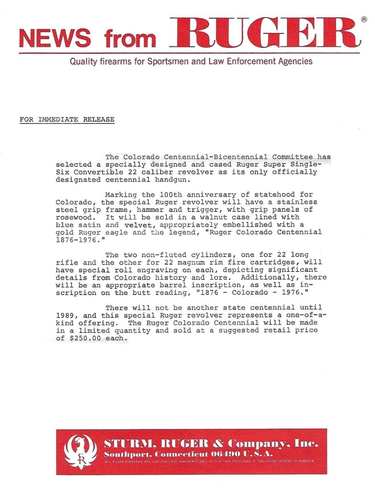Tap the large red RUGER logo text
tap(265, 33)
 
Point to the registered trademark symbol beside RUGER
tap(364, 19)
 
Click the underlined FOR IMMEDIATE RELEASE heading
tap(67, 120)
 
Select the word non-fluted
tap(157, 255)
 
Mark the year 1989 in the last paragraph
tap(64, 315)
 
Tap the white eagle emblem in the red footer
tap(80, 451)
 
